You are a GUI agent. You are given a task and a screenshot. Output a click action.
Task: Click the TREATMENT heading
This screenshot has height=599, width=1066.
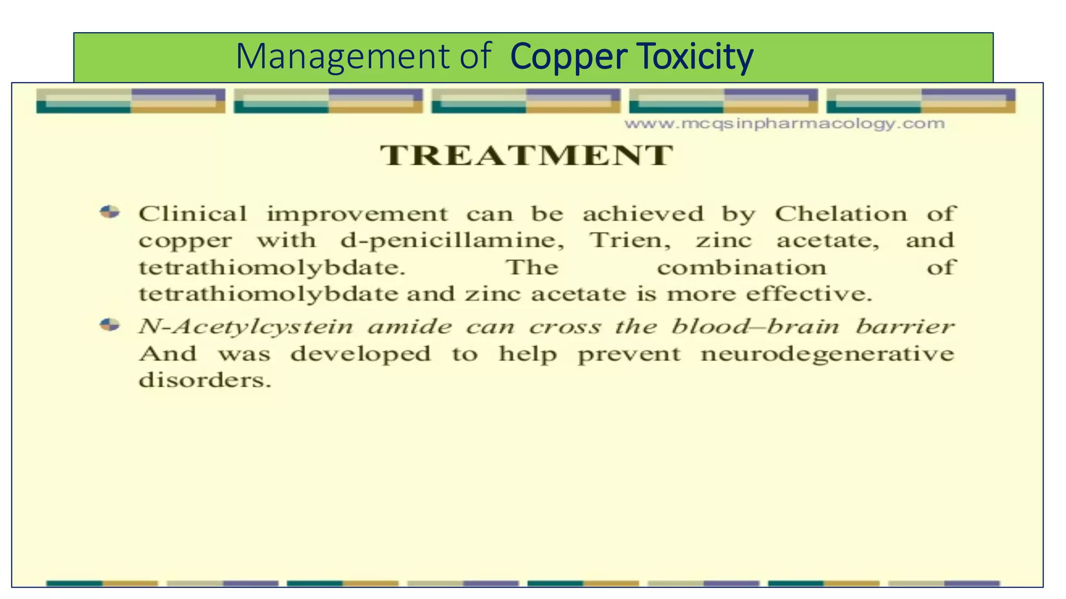click(x=526, y=155)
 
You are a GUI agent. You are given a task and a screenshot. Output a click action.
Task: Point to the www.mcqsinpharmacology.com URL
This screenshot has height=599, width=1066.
click(x=784, y=124)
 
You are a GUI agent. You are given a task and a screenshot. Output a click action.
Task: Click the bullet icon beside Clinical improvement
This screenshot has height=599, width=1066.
click(x=110, y=212)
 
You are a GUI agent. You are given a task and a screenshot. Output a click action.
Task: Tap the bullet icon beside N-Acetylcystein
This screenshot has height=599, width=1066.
click(x=110, y=325)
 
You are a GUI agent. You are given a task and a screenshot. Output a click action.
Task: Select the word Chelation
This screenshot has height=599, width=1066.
click(x=841, y=214)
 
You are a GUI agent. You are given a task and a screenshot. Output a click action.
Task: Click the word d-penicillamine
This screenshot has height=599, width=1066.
click(x=452, y=241)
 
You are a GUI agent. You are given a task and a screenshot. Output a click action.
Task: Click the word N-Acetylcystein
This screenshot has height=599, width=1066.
click(x=246, y=327)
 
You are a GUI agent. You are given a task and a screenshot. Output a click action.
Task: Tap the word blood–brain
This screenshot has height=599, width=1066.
click(x=755, y=327)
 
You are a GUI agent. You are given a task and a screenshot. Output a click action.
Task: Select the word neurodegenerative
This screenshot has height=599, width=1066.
click(x=827, y=354)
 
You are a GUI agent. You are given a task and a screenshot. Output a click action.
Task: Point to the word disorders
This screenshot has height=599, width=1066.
click(x=205, y=380)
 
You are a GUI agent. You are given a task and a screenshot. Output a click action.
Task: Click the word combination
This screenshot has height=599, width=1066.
click(x=741, y=268)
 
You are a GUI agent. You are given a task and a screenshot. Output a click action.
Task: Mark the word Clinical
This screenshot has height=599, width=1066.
click(x=193, y=214)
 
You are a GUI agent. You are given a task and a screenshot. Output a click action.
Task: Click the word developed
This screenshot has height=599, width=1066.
click(x=361, y=355)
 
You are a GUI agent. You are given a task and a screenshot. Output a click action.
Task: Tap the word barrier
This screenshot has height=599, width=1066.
click(x=905, y=327)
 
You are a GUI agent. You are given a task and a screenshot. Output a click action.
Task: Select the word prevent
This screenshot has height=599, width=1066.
click(x=629, y=355)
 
